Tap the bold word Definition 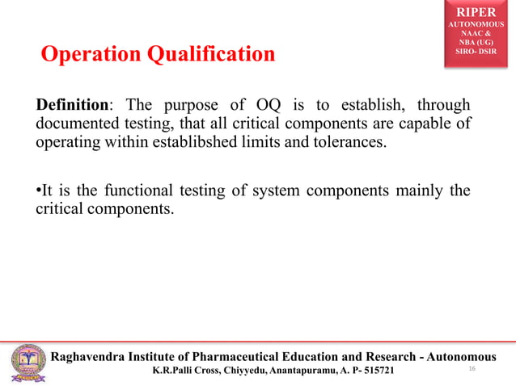pyautogui.click(x=71, y=107)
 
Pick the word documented pyautogui.click(x=77, y=125)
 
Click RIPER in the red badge pyautogui.click(x=474, y=13)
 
